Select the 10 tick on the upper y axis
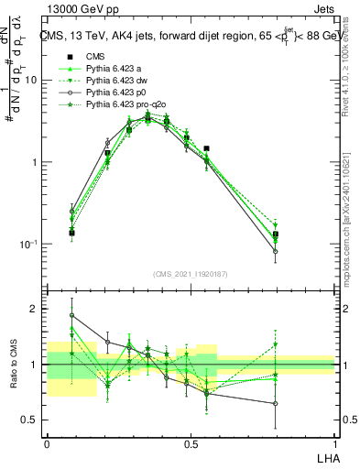tap(32, 80)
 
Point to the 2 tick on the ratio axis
tap(35, 309)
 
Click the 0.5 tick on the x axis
tap(191, 442)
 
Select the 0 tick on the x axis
tap(47, 442)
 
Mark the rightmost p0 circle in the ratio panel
tap(275, 403)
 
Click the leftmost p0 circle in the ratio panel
tap(72, 315)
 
